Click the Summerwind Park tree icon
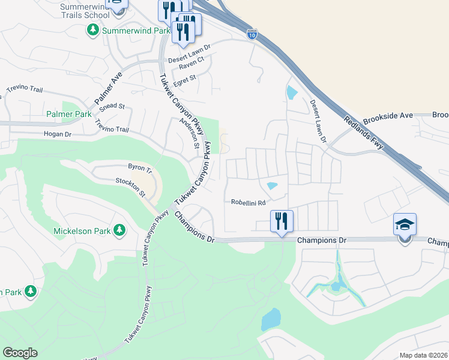point(93,29)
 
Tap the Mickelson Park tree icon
point(119,230)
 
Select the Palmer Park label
point(69,114)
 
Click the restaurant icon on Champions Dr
point(281,221)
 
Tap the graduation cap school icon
point(405,225)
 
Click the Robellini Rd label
point(249,203)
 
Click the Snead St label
point(112,107)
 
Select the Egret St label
point(184,79)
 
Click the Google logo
point(20,353)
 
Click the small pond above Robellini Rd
point(273,186)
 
